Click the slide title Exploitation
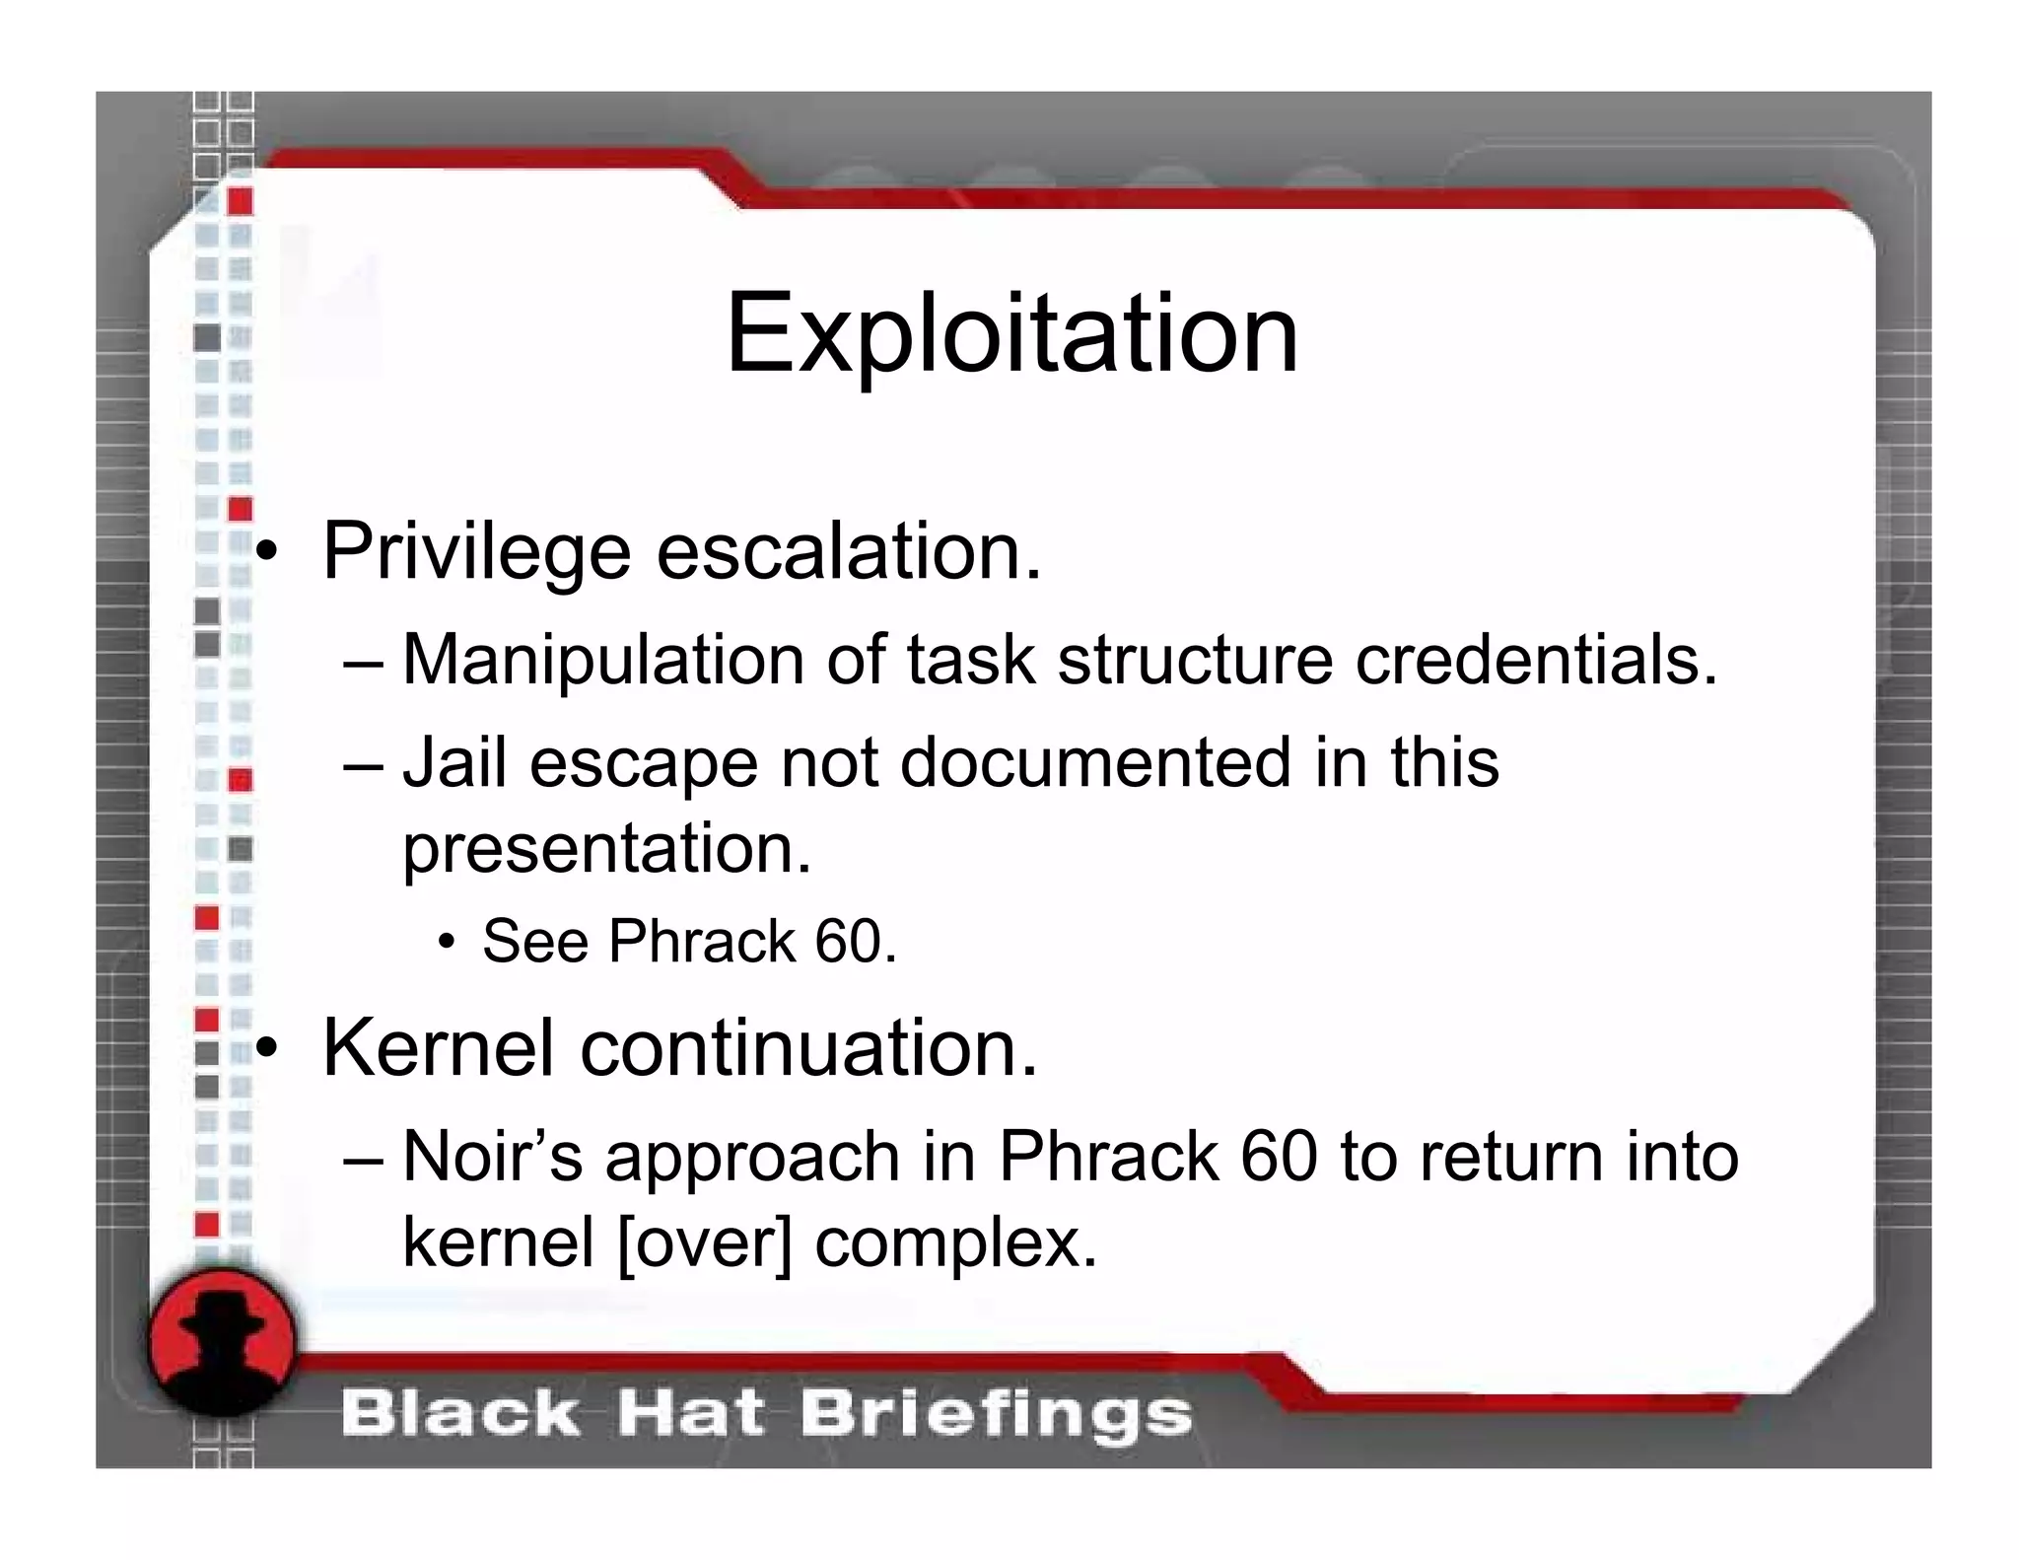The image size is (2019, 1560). (x=1011, y=335)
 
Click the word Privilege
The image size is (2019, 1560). (x=476, y=552)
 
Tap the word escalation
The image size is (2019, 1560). (x=848, y=552)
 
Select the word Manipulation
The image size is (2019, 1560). (x=602, y=660)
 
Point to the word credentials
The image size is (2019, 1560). (x=1536, y=660)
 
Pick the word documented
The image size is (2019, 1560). (x=1095, y=762)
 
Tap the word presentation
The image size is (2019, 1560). (x=606, y=848)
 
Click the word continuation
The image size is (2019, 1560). (x=808, y=1047)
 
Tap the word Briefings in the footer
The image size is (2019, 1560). (x=996, y=1414)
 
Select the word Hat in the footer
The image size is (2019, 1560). (x=689, y=1414)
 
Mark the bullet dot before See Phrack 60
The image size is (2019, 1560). (x=448, y=943)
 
